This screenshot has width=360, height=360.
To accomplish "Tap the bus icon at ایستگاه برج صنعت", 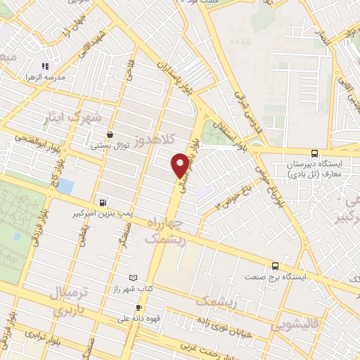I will [x=275, y=266].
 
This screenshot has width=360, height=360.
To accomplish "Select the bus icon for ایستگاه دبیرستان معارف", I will [x=314, y=153].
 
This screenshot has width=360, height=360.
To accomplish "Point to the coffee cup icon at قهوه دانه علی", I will [x=139, y=308].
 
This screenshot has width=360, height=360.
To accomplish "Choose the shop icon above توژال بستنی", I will [x=110, y=135].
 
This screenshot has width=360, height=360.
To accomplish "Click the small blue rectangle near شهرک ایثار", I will [x=65, y=186].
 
